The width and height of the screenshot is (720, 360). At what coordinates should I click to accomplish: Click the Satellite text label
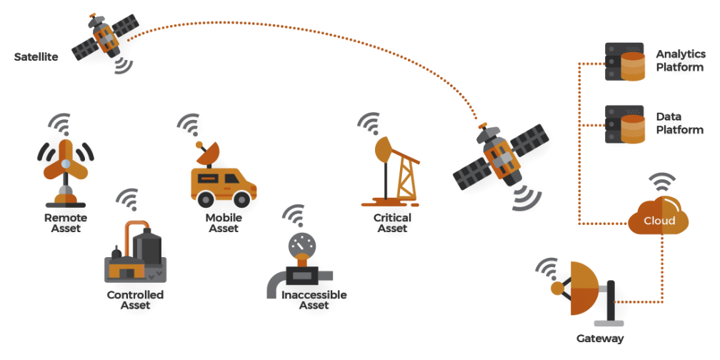pyautogui.click(x=36, y=57)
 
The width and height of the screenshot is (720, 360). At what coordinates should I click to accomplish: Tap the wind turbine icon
pyautogui.click(x=66, y=173)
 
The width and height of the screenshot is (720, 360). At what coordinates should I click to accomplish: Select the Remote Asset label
pyautogui.click(x=66, y=223)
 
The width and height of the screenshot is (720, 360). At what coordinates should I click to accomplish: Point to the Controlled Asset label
pyautogui.click(x=135, y=300)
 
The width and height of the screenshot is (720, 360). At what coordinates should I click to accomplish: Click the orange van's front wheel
pyautogui.click(x=241, y=199)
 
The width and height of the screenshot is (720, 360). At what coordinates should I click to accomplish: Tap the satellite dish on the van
pyautogui.click(x=207, y=153)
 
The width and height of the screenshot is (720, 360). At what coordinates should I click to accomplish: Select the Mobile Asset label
pyautogui.click(x=224, y=223)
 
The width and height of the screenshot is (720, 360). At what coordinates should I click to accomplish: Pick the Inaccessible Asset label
pyautogui.click(x=314, y=300)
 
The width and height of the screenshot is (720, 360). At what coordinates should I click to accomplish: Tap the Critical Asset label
pyautogui.click(x=392, y=223)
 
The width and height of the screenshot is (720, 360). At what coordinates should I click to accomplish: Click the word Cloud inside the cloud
pyautogui.click(x=659, y=221)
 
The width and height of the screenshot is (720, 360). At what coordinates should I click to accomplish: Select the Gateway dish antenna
pyautogui.click(x=581, y=289)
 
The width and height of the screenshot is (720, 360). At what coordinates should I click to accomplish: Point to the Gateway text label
pyautogui.click(x=600, y=339)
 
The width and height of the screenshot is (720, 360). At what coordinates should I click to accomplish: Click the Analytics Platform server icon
pyautogui.click(x=624, y=61)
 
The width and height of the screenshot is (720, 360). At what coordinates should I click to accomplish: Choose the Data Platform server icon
pyautogui.click(x=624, y=124)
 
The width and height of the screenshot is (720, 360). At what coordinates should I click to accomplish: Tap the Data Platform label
pyautogui.click(x=679, y=124)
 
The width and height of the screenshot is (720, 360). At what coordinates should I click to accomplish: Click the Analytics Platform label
pyautogui.click(x=681, y=61)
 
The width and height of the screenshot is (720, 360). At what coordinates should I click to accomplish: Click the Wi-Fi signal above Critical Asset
pyautogui.click(x=370, y=124)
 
